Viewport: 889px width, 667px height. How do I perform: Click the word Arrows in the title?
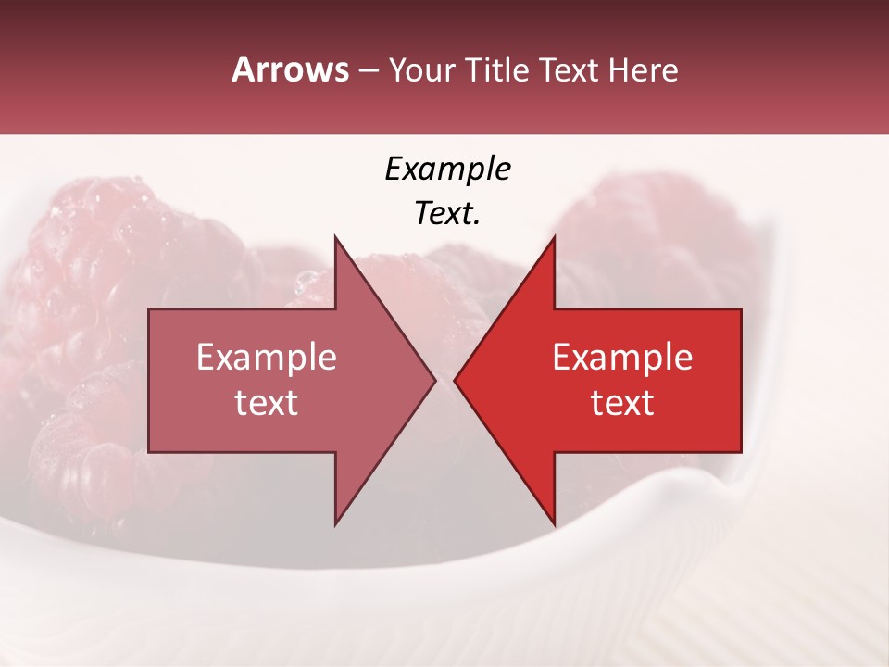[290, 70]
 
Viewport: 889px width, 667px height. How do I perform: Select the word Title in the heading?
[496, 70]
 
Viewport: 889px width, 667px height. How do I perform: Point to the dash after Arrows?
[368, 71]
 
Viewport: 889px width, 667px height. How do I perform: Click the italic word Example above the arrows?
[447, 170]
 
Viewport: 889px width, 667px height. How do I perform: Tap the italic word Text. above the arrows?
[447, 214]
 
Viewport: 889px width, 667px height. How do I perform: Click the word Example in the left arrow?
[267, 358]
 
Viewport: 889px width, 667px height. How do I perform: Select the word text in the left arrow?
[267, 402]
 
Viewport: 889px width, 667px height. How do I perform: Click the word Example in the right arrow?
[622, 358]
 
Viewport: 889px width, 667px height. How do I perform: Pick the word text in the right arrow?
[622, 402]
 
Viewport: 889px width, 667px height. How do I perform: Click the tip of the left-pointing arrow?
[456, 380]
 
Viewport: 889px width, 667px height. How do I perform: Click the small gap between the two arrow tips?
[444, 380]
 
